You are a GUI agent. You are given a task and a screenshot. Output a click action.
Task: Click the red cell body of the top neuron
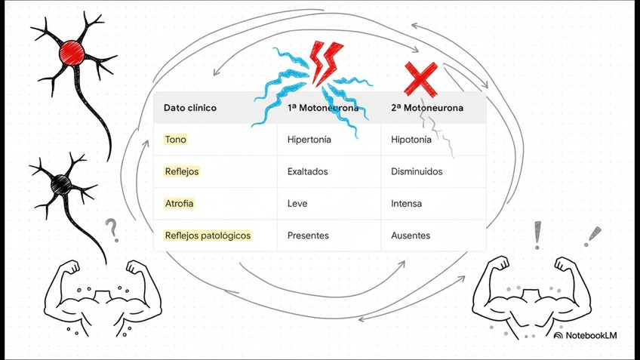tap(72, 51)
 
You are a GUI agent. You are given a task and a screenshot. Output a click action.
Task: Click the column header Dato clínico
tap(190, 108)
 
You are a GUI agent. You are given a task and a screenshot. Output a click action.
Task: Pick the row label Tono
tap(175, 140)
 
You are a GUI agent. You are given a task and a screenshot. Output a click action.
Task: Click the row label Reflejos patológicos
tap(208, 235)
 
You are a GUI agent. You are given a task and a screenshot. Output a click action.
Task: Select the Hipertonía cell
tap(309, 140)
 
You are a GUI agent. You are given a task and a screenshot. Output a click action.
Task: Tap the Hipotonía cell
tap(411, 140)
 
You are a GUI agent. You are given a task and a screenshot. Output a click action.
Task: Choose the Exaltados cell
tap(308, 171)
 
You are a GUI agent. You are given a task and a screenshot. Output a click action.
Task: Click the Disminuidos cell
tap(417, 171)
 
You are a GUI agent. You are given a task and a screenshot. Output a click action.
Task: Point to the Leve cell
tap(297, 204)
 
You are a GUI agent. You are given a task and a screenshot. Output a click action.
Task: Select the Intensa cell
tap(406, 204)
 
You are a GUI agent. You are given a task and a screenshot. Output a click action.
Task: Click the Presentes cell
tap(308, 235)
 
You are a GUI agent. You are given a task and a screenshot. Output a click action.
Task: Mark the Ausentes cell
tap(411, 235)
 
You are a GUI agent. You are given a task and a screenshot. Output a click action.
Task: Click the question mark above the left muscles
tap(112, 229)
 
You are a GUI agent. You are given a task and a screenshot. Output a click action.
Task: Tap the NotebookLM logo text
tap(590, 335)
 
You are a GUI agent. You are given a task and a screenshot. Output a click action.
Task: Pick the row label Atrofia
tap(179, 204)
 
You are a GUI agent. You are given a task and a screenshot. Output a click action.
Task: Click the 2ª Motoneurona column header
tap(427, 108)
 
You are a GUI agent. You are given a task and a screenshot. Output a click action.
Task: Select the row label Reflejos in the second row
tap(182, 171)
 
